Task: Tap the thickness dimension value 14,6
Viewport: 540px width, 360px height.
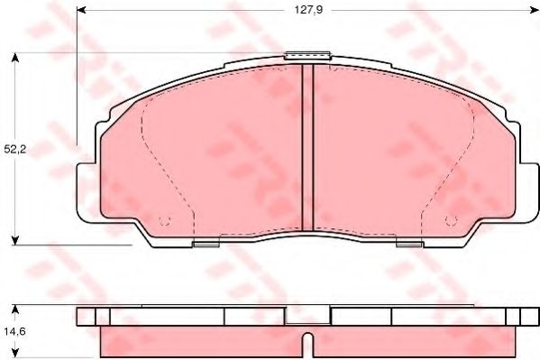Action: click(15, 329)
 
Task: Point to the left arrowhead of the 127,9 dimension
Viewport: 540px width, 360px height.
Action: click(82, 12)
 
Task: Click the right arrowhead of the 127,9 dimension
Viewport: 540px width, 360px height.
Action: click(529, 12)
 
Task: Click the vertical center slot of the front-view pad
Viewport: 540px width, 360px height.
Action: click(307, 149)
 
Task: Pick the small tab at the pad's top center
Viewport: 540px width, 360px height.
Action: click(306, 56)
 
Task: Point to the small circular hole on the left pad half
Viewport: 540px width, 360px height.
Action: click(164, 222)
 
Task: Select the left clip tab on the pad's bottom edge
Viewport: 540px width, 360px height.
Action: click(206, 243)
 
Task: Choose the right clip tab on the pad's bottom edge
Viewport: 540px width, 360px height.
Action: click(408, 243)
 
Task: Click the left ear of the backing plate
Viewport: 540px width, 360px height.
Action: click(86, 192)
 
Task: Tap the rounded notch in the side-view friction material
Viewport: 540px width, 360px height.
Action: click(307, 344)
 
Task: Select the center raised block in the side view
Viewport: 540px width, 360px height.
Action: click(307, 315)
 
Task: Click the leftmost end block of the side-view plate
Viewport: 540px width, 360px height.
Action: click(86, 316)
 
